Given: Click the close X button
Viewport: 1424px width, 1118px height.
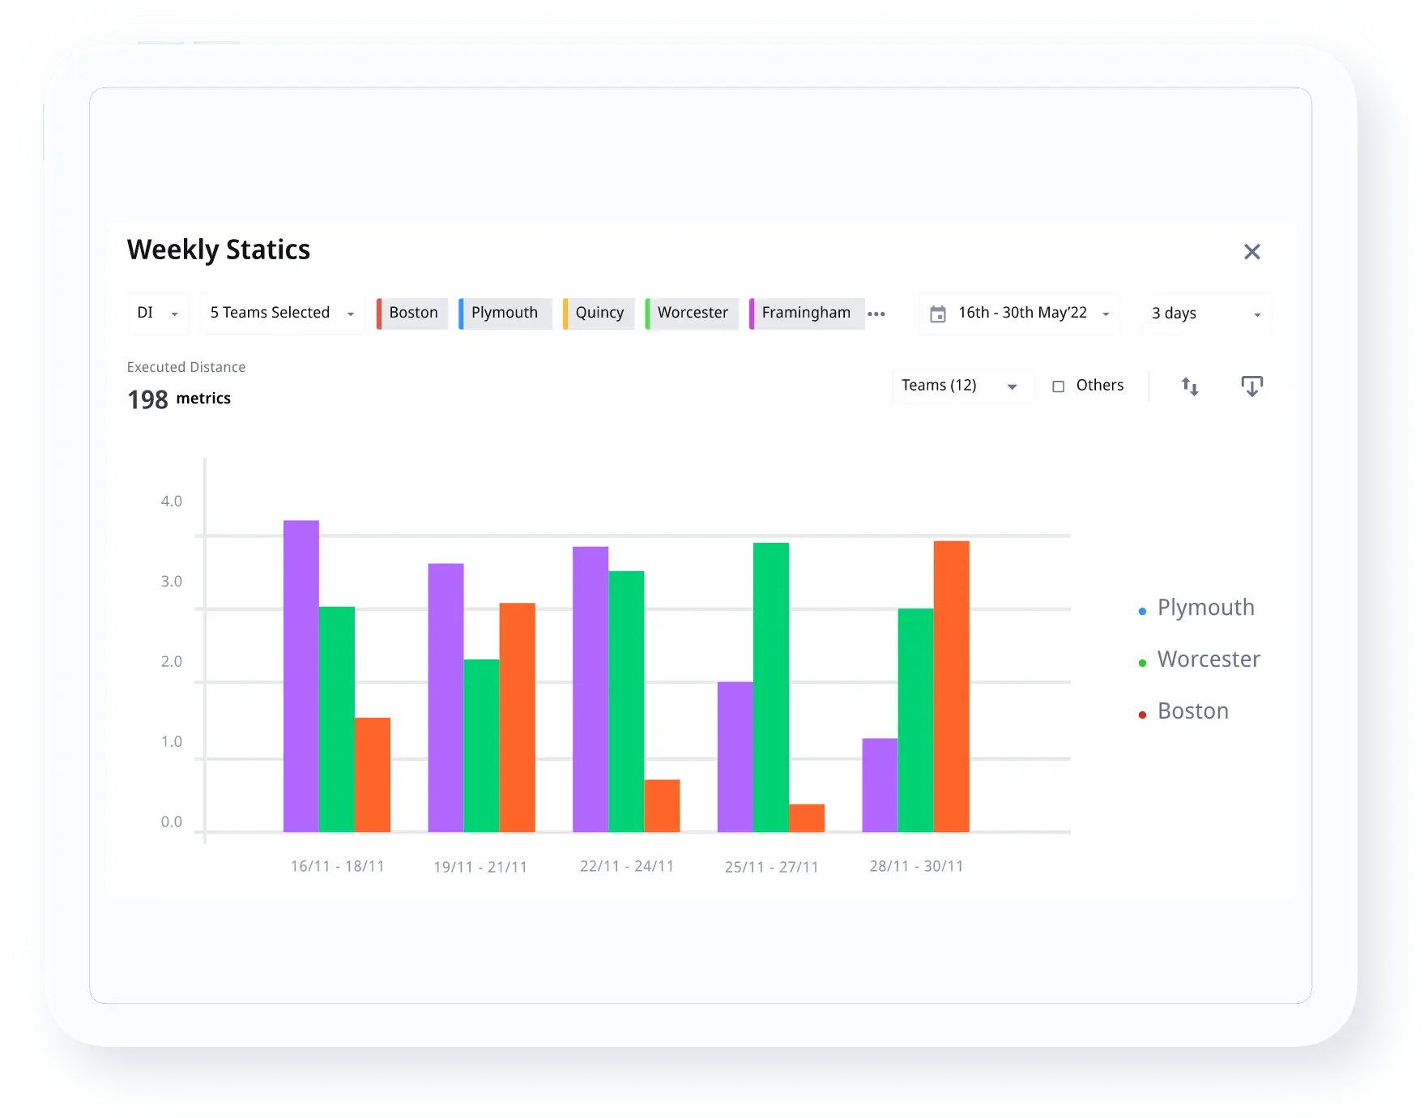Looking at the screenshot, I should [x=1251, y=252].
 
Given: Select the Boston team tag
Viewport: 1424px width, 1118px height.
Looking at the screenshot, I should [x=413, y=313].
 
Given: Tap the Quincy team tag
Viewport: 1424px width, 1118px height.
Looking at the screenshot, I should [x=599, y=313].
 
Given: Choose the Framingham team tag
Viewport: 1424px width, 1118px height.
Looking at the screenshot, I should [x=806, y=313].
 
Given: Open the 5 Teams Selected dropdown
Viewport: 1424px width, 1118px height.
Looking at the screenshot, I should [x=281, y=314].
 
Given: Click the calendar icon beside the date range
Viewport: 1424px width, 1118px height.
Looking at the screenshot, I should [x=937, y=314].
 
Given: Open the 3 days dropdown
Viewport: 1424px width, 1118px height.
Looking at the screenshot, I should [x=1205, y=314].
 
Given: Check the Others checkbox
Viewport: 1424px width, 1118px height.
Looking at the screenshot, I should [x=1058, y=386].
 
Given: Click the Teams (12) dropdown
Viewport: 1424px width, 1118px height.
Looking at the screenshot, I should [x=961, y=386].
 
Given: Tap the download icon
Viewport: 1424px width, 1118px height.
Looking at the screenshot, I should [x=1251, y=386].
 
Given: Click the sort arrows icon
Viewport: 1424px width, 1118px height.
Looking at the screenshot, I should [x=1189, y=386].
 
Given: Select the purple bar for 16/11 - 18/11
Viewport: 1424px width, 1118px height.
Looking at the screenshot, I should [x=301, y=676].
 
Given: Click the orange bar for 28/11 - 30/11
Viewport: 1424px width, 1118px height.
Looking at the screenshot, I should [x=951, y=686].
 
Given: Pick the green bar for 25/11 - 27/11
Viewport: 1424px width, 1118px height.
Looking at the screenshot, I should [x=770, y=687].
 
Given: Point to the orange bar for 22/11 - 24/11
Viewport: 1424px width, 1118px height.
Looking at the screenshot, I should [x=662, y=805].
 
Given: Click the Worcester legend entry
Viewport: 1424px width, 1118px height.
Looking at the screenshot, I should [x=1208, y=659].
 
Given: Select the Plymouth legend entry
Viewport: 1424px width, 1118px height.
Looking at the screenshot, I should [x=1205, y=608].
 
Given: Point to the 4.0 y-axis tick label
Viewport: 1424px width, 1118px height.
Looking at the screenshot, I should [x=172, y=501].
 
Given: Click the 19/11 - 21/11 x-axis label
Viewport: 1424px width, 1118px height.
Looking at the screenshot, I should [x=480, y=867].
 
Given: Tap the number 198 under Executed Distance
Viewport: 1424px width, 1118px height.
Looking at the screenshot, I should [x=147, y=399].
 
